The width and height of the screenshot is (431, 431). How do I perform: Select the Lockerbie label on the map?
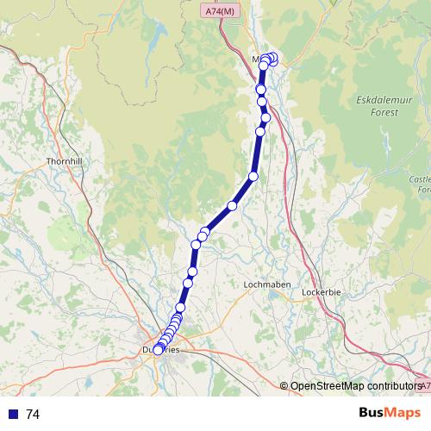coord(322,292)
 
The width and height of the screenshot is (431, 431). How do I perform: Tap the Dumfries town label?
coord(160,350)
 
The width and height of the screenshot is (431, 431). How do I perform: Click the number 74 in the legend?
coord(33,415)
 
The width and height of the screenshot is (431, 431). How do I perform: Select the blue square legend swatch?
coord(12,415)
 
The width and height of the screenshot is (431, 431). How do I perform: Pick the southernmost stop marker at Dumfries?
coord(158,350)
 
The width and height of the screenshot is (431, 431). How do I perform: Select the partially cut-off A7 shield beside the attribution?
coord(422,385)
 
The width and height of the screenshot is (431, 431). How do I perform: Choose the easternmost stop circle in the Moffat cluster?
coord(274,59)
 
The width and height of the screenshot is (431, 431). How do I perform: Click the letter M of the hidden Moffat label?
coord(256,59)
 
